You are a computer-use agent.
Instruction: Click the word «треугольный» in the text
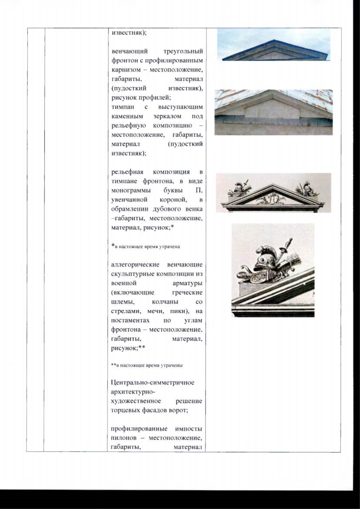coord(183,51)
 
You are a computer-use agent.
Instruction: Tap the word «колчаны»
coord(165,302)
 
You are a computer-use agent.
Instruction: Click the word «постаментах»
coord(130,320)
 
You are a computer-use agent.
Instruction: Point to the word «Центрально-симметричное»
coord(153,383)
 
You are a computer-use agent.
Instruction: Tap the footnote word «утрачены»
coord(172,366)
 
